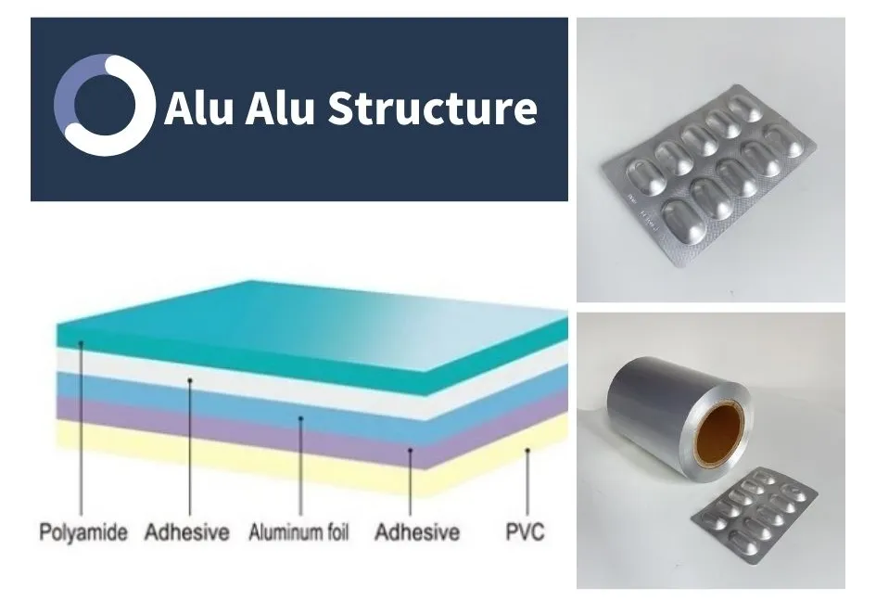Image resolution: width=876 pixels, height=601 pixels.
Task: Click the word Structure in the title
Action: coord(432,108)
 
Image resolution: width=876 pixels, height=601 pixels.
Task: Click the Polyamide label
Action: coord(83,531)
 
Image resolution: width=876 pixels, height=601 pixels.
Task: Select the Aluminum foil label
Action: coord(298,531)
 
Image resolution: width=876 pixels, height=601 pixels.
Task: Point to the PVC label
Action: coord(525,531)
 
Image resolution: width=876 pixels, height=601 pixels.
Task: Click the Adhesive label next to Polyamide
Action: coord(186,531)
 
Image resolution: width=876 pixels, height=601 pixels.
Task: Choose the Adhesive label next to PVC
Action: coord(417,531)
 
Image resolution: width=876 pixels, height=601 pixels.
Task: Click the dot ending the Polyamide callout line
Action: coord(81,343)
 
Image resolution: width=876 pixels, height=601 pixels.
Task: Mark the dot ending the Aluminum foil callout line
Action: coord(300,417)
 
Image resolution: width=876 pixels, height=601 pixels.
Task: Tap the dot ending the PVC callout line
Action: coord(527,450)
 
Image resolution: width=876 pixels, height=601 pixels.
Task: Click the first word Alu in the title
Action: coord(198,108)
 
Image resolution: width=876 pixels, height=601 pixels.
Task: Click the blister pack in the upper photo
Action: coord(709,174)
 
